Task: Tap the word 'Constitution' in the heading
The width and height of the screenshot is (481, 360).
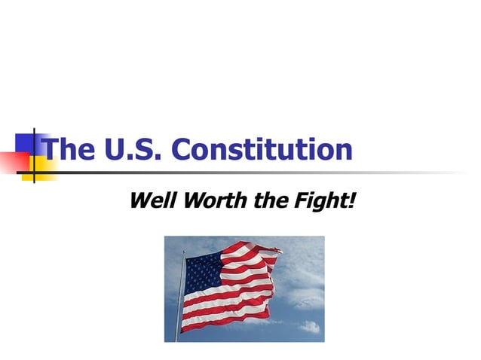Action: pyautogui.click(x=262, y=149)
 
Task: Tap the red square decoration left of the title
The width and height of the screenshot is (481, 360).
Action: pyautogui.click(x=11, y=161)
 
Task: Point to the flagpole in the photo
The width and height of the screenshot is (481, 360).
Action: pyautogui.click(x=180, y=301)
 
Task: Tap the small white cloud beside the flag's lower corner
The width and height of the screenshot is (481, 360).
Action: pyautogui.click(x=310, y=327)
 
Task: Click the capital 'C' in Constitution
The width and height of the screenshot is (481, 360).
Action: pyautogui.click(x=183, y=149)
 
